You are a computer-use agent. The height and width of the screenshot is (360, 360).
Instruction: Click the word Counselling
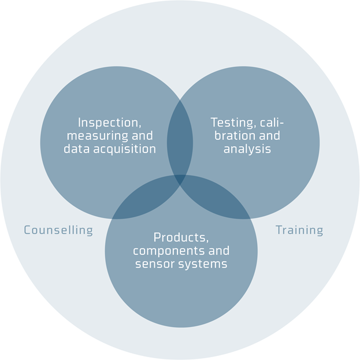(58, 230)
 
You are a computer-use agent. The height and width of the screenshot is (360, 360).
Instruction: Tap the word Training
(299, 230)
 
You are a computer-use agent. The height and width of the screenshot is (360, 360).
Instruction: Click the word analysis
(247, 149)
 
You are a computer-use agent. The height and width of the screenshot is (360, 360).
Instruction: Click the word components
(168, 251)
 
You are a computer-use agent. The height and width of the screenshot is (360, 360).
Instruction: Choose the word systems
(202, 263)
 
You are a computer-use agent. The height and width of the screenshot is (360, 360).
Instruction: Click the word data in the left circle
(75, 149)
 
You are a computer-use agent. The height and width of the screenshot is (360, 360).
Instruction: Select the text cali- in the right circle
(270, 123)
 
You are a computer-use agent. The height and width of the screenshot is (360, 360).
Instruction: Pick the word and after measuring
(142, 136)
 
